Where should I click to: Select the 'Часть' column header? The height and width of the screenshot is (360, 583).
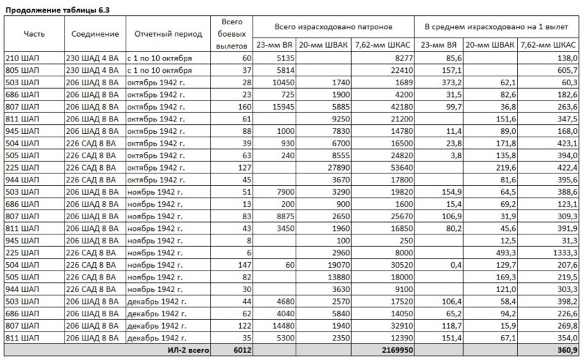click(34, 34)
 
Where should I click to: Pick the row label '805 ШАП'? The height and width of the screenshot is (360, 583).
click(22, 70)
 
